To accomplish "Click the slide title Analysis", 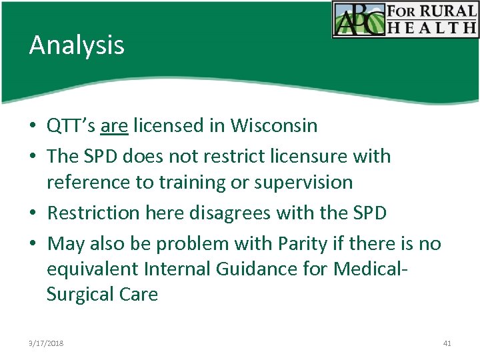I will (x=77, y=45).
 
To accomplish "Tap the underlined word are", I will (x=115, y=125).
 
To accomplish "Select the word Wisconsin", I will (x=273, y=125).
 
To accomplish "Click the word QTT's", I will (x=71, y=125).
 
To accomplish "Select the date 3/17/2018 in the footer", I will (x=46, y=343).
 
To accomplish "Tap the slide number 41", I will (x=447, y=343).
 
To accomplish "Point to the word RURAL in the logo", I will (x=451, y=11).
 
